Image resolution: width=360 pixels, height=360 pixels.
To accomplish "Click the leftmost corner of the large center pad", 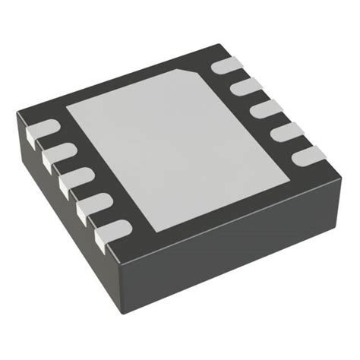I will pos(68,106).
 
